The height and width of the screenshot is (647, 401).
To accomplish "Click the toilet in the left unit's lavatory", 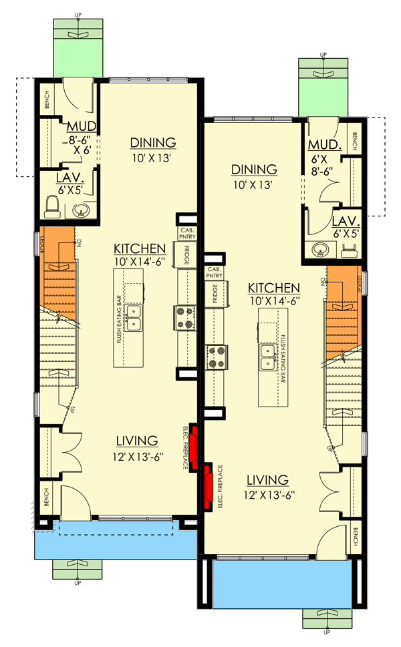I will coord(51,206).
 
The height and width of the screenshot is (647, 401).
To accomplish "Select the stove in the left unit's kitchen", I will coord(184,316).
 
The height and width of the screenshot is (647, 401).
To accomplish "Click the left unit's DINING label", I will coord(153,143).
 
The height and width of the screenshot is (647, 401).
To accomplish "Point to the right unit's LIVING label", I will coord(267,480).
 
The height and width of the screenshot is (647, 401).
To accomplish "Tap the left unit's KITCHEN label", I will coord(140,247).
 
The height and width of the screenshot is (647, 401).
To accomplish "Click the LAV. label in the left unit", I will coord(70,179).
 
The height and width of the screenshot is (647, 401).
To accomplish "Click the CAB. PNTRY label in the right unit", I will coord(214,271).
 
